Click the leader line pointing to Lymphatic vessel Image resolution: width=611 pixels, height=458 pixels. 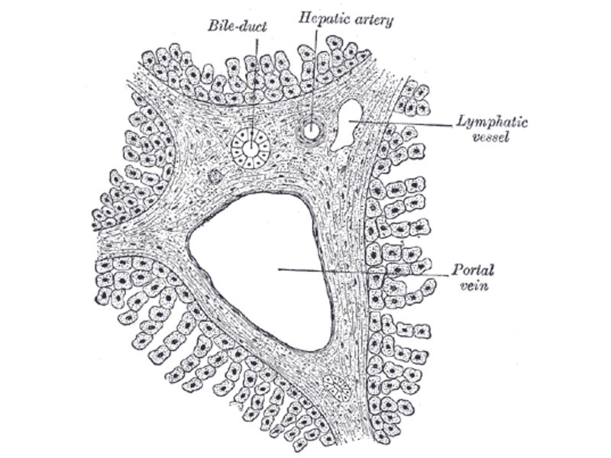(405, 122)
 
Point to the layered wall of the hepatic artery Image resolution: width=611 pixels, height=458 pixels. (302, 131)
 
